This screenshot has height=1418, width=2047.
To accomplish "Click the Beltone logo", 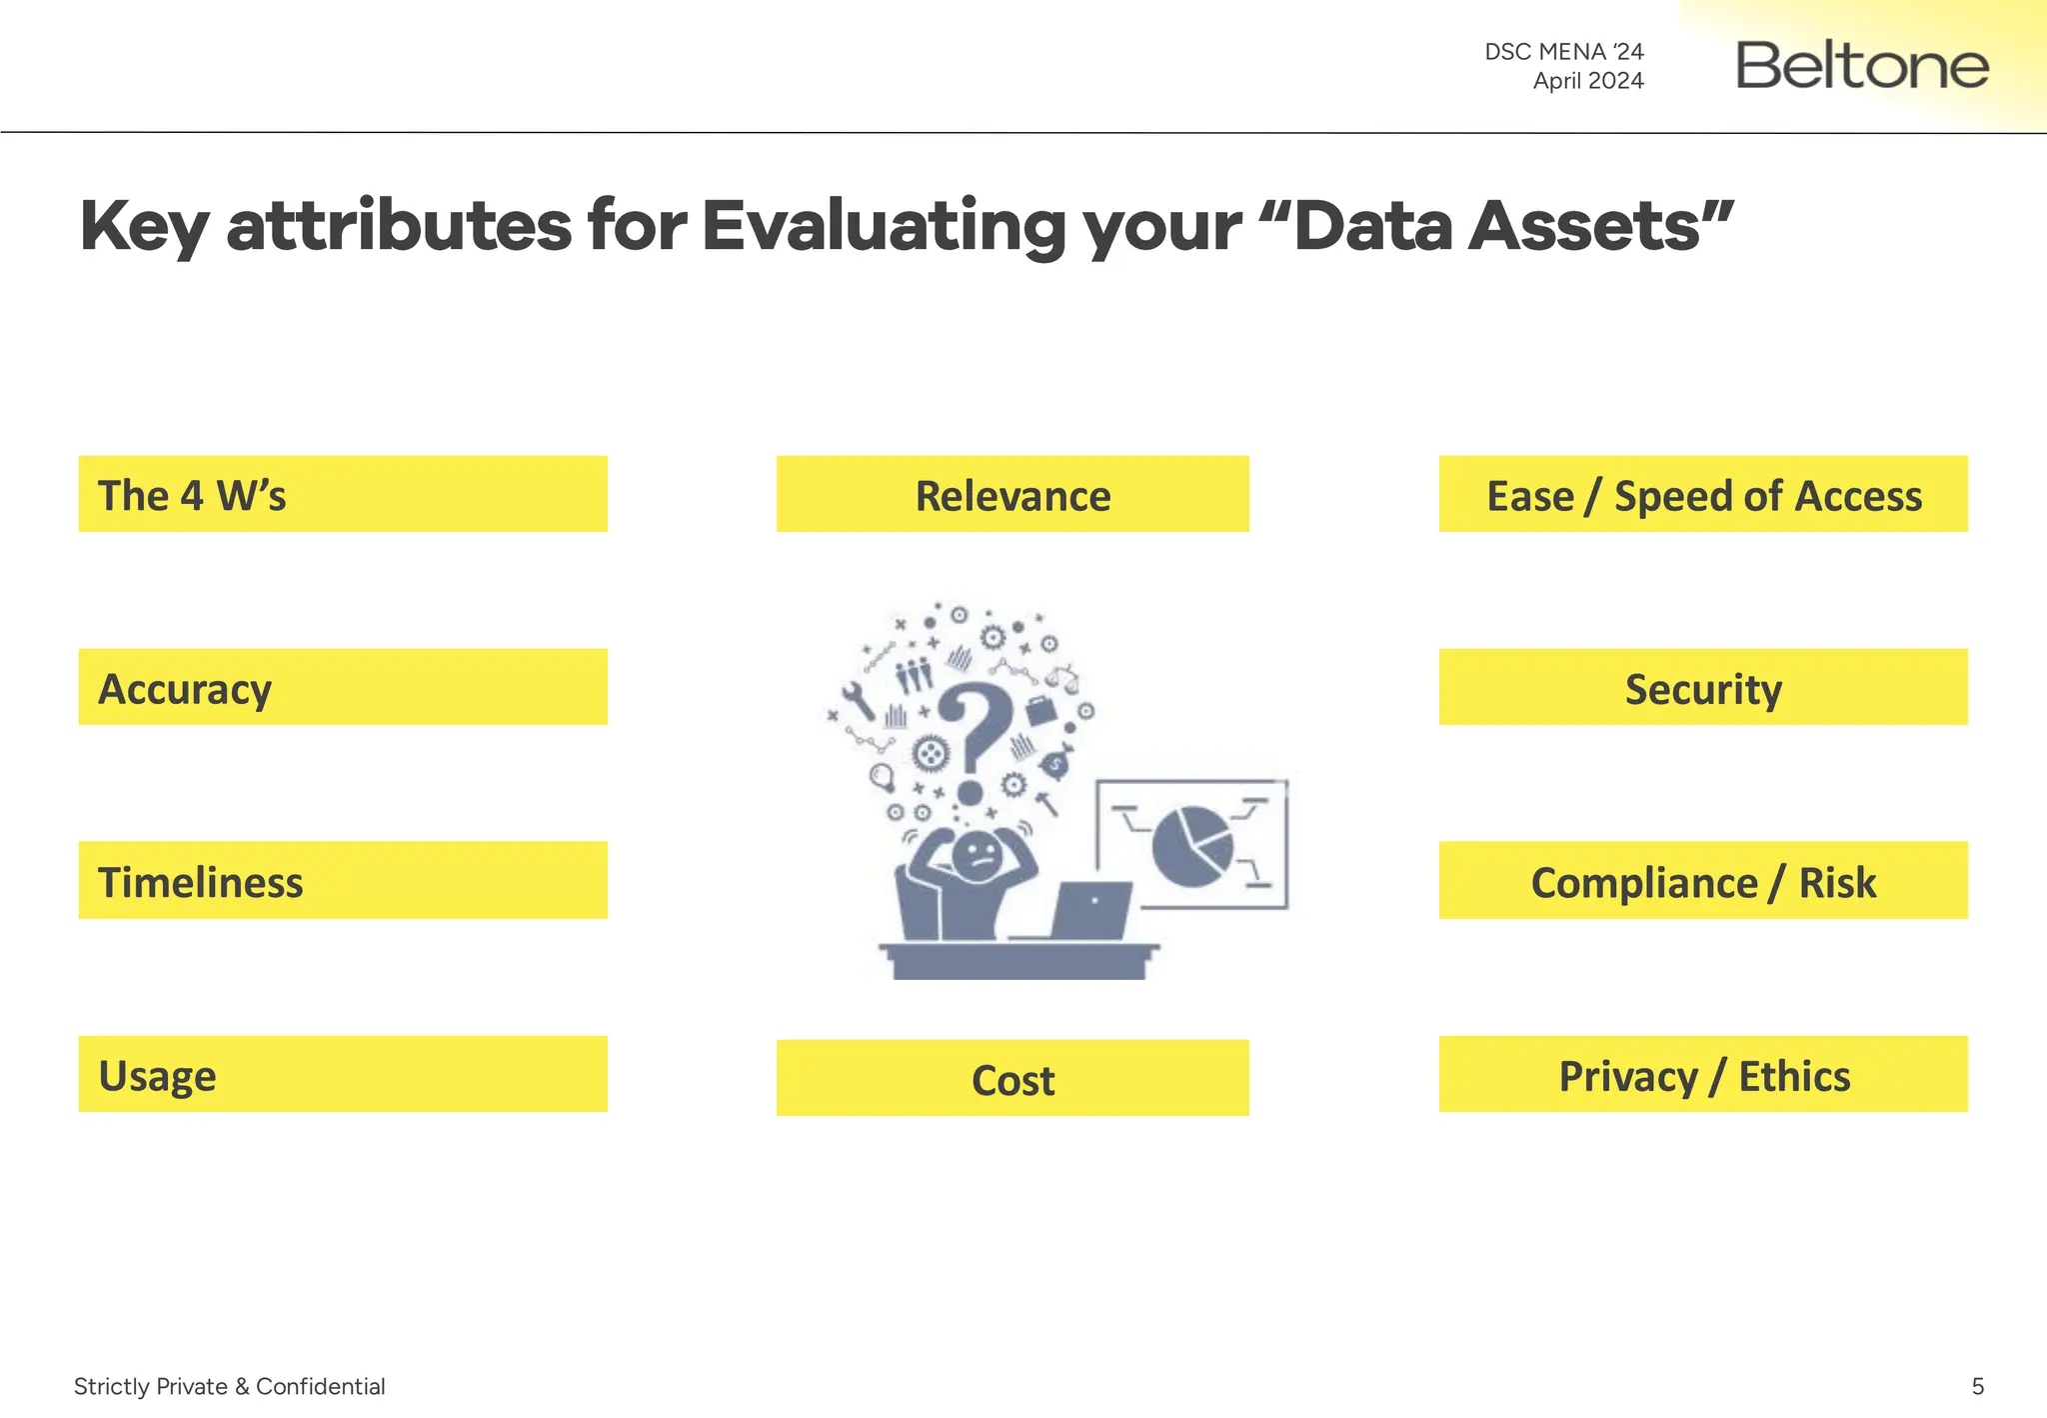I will (x=1862, y=65).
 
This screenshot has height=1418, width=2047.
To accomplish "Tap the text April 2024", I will (x=1588, y=81).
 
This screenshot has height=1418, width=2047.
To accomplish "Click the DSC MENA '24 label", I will (x=1563, y=51).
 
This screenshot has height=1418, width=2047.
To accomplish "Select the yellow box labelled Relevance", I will (x=1013, y=495).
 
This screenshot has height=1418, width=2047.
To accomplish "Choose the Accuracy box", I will (x=343, y=688).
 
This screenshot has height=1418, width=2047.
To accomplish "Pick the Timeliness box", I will (x=343, y=881).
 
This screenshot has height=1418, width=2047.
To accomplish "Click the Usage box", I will (x=343, y=1075).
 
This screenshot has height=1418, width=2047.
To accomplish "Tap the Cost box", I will (x=1013, y=1079).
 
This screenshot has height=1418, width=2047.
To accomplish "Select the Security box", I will (x=1703, y=688).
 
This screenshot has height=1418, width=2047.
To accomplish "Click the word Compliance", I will (x=1643, y=883).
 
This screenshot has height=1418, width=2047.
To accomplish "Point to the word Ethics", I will (x=1794, y=1076).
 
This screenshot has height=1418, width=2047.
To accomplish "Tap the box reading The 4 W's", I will (x=343, y=495).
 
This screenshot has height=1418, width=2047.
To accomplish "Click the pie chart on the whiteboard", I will (x=1191, y=846).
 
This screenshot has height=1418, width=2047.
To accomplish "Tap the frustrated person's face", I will (x=977, y=856).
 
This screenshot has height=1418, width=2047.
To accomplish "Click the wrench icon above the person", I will (x=859, y=701).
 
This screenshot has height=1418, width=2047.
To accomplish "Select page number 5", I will (x=1977, y=1386).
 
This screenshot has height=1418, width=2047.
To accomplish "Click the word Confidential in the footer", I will (x=320, y=1386).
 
